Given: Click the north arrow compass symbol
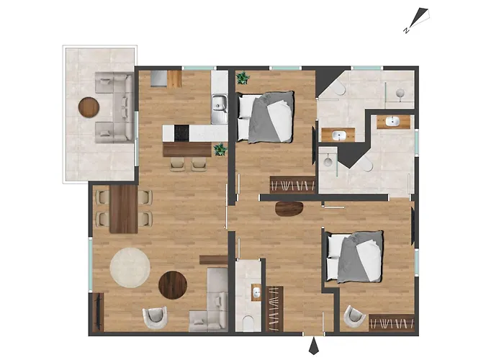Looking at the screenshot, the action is (418, 20).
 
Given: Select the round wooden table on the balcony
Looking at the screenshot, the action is (89, 107).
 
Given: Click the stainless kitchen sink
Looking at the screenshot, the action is (219, 109).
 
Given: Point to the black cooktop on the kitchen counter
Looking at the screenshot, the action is (181, 132).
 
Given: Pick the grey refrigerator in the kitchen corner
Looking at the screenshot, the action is (159, 78).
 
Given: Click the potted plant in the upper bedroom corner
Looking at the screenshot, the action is (243, 78).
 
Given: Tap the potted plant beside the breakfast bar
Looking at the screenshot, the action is (220, 149).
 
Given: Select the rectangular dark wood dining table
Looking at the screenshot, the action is (123, 209).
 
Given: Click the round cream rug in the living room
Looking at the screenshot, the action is (130, 267).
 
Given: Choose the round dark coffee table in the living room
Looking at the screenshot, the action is (173, 285).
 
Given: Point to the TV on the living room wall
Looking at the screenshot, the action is (98, 312).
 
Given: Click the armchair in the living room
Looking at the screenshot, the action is (156, 318).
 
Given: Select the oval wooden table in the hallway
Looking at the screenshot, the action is (289, 209).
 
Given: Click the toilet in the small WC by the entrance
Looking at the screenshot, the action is (248, 323).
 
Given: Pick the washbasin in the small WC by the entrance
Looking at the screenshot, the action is (256, 292).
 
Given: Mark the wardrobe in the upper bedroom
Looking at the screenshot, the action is (292, 185).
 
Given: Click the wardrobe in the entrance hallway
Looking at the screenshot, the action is (274, 309).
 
